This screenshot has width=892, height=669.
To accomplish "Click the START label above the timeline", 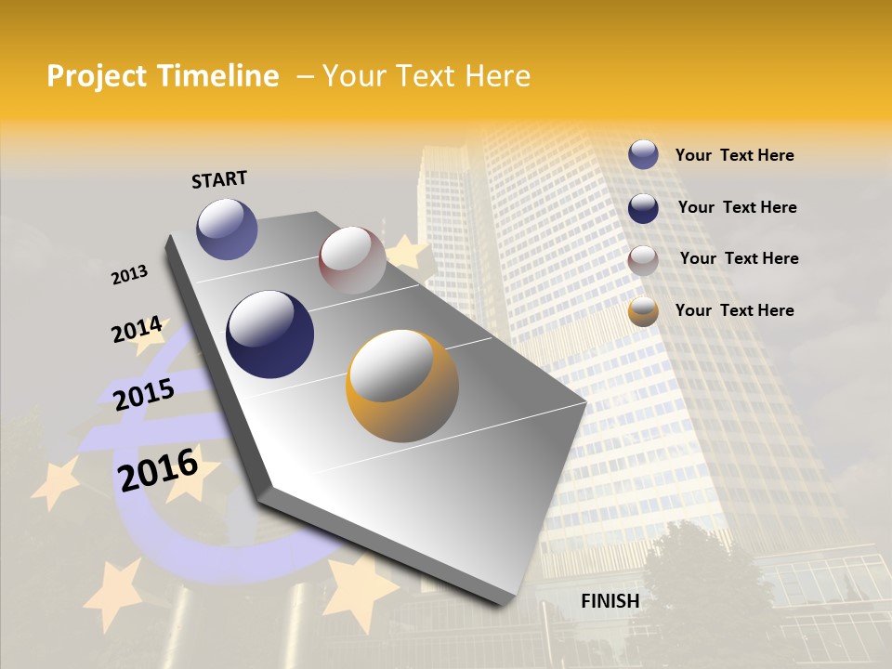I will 219,178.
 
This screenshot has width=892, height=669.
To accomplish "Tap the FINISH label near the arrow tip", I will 610,601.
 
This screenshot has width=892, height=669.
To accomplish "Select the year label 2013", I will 129,275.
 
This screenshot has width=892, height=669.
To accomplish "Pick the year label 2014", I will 137,330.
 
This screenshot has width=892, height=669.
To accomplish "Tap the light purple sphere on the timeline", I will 227,229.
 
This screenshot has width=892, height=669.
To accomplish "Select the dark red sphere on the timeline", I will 352,259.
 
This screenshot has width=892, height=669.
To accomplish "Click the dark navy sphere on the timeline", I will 269,334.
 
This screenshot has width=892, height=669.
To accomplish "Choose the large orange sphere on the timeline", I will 401,386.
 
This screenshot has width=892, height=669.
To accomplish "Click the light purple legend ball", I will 643,155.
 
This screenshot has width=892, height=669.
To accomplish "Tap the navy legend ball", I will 643,207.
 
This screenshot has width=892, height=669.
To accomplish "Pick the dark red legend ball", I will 643,259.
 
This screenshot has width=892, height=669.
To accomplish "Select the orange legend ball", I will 643,311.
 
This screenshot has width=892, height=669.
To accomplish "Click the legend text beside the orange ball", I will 734,310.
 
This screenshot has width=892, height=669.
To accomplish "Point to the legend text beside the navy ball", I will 737,207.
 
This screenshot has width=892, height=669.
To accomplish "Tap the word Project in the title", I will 97,76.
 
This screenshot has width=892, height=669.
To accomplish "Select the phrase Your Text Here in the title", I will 426,76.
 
